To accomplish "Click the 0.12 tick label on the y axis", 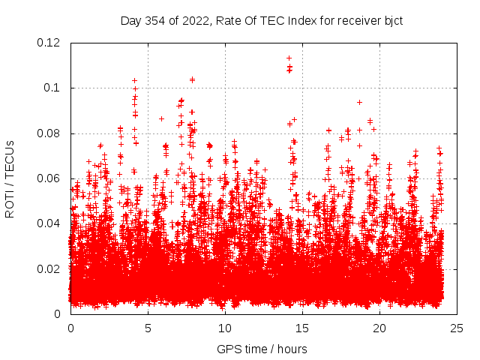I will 51,43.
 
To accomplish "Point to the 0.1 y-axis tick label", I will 54,88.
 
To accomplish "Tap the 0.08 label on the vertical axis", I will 51,133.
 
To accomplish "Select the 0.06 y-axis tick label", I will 51,178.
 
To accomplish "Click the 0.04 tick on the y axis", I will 51,223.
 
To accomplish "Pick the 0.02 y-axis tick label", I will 51,268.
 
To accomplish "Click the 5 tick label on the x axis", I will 148,328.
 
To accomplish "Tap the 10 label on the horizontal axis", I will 225,328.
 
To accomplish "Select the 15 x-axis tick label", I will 302,328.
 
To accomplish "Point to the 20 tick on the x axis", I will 379,328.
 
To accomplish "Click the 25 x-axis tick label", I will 457,328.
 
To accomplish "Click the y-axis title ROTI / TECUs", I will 10,178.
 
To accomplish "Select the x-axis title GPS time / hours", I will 262,349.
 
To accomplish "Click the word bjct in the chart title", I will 393,20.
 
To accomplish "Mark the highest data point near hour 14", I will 289,58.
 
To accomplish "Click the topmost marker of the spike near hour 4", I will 134,80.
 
